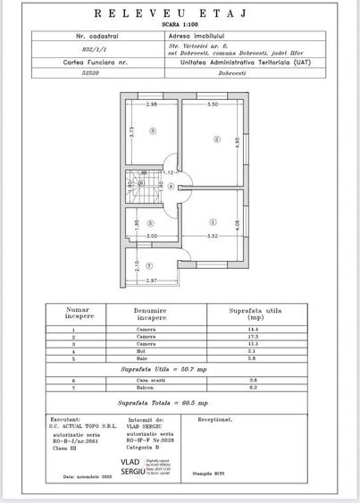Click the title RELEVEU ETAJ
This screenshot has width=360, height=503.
[179, 15]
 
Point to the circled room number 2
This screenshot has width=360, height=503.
[215, 139]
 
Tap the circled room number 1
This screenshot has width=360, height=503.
[212, 222]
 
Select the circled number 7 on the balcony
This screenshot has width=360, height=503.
[149, 265]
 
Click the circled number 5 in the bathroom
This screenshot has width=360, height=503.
[151, 223]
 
